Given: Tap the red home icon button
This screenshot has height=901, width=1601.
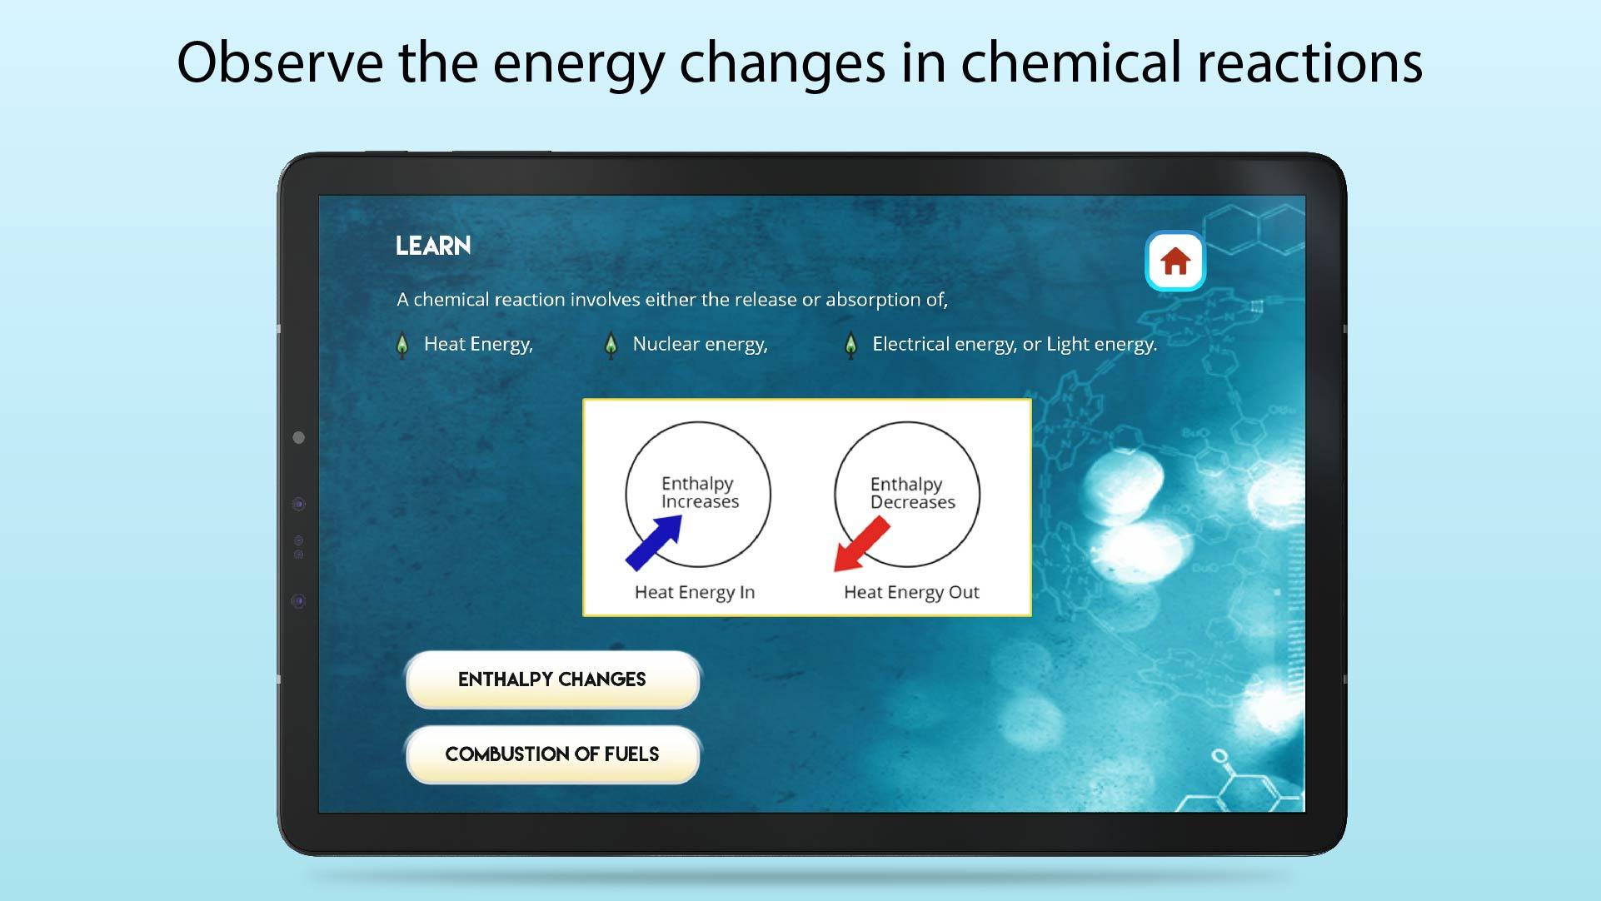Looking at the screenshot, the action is (x=1175, y=261).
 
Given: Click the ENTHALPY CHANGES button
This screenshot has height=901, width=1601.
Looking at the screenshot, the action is (x=552, y=679).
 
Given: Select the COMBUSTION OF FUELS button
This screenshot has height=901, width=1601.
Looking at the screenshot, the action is (x=552, y=754).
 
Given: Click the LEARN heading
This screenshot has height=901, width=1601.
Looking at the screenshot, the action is (x=433, y=246).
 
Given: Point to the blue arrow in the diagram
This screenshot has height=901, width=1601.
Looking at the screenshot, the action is (x=654, y=542).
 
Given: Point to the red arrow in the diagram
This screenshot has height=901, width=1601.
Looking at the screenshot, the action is (x=862, y=545).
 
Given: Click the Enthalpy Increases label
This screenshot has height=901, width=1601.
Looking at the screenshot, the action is (x=700, y=492).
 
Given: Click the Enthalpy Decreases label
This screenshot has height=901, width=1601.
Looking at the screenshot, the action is (x=912, y=493).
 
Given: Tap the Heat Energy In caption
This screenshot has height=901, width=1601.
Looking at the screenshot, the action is (x=695, y=592).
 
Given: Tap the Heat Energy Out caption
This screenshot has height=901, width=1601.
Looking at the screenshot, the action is (x=911, y=592).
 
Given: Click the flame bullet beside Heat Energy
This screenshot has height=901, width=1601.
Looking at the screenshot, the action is (x=402, y=346).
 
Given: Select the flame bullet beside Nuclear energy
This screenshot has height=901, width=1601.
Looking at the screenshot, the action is (x=611, y=346).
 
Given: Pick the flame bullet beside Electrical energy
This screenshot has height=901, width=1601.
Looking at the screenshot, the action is (x=850, y=346).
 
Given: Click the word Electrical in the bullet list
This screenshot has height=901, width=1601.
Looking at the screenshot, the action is (x=911, y=344).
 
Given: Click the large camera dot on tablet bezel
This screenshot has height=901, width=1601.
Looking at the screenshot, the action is (x=299, y=438).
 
